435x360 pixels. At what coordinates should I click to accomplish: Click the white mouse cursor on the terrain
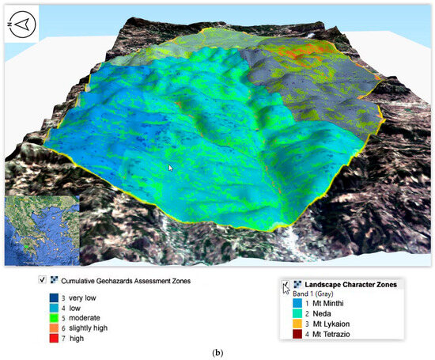[x=172, y=168]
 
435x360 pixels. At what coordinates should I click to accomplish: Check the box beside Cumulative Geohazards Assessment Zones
[x=42, y=279]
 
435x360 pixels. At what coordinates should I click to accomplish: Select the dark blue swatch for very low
[x=53, y=297]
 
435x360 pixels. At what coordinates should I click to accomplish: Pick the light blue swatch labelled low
[x=53, y=307]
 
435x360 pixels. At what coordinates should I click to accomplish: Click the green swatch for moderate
[x=53, y=317]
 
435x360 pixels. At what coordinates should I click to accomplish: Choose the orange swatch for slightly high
[x=53, y=328]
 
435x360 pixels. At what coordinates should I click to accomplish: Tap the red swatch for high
[x=53, y=338]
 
